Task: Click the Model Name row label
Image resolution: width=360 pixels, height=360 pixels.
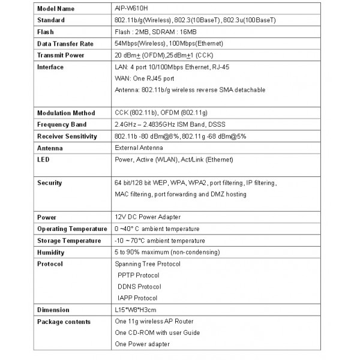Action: [x=58, y=8]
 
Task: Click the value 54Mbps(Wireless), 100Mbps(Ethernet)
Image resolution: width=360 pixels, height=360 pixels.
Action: [x=169, y=43]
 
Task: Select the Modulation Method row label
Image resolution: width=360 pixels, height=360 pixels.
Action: [x=66, y=113]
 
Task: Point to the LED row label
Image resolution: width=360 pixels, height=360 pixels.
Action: [x=43, y=159]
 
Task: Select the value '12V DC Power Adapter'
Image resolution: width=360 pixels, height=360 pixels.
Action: [x=147, y=217]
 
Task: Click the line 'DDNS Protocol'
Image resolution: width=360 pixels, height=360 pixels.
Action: [x=140, y=287]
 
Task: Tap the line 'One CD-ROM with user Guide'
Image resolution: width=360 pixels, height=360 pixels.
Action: [x=157, y=333]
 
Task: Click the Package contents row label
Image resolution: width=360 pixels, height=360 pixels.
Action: [x=64, y=322]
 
